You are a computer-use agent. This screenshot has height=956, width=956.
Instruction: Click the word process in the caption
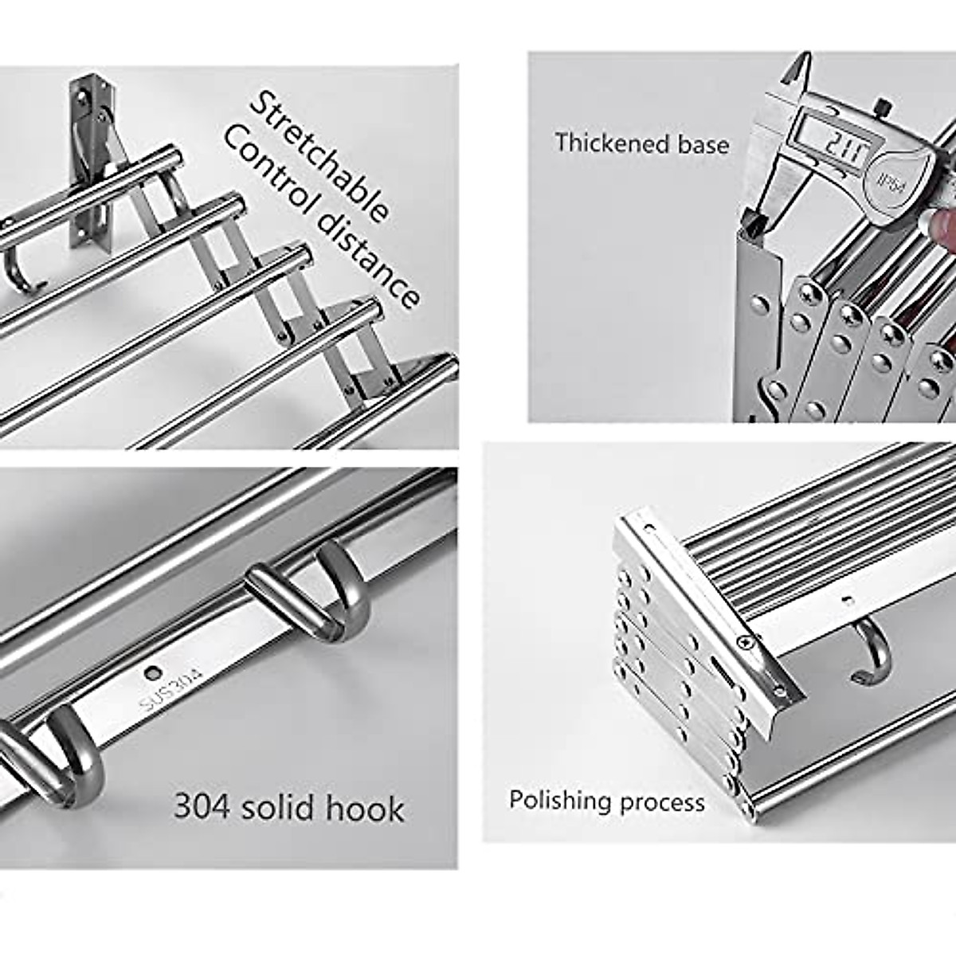click(664, 802)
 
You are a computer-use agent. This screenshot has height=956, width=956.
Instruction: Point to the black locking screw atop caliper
click(881, 106)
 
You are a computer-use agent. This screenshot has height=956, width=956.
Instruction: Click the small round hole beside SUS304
click(150, 673)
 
